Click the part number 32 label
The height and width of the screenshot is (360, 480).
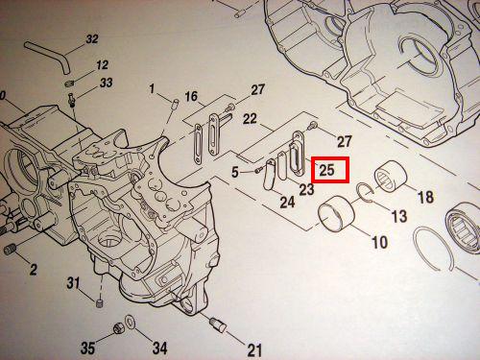92,39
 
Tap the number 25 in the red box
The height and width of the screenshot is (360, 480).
326,170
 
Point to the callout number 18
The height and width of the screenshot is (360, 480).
426,197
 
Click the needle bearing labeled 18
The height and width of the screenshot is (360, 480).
391,177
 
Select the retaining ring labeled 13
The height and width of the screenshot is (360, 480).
366,193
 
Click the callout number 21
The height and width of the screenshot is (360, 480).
254,349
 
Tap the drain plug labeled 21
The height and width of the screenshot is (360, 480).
218,325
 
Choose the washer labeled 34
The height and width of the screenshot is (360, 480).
131,322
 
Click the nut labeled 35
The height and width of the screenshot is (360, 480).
118,328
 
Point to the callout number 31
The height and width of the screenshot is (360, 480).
73,283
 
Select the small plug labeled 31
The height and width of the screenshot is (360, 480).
101,303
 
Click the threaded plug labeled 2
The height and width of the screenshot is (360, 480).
10,249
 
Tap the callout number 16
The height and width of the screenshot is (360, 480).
191,96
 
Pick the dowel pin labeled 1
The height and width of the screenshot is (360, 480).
175,104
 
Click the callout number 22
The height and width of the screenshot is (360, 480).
250,119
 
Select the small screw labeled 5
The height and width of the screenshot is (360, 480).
259,171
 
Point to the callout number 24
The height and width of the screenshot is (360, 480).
287,203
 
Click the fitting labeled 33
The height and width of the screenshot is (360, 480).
71,100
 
